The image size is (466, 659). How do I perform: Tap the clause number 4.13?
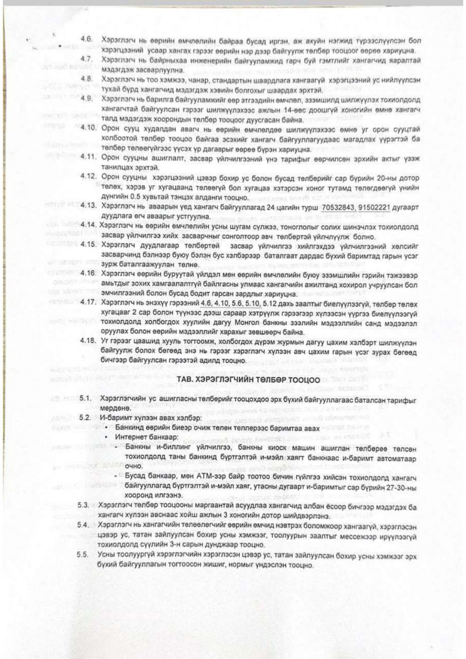point(87,205)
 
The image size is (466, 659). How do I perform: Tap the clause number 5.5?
point(84,557)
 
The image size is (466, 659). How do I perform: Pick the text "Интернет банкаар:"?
point(142,437)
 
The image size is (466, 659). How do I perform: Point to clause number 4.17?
point(87,302)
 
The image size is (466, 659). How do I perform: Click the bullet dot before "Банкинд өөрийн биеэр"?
point(105,427)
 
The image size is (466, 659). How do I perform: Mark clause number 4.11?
point(87,157)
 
